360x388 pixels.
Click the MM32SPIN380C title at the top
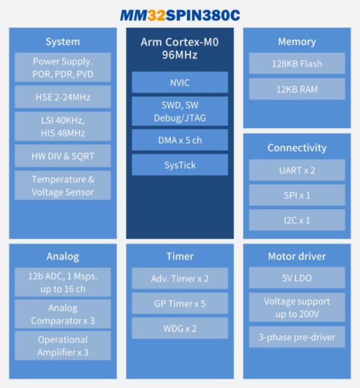(180, 15)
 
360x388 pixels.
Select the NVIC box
(180, 83)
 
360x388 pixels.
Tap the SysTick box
(180, 165)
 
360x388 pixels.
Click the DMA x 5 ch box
(180, 140)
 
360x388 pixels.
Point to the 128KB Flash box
(297, 63)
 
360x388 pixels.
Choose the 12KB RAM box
(297, 89)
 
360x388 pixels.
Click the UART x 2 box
(297, 170)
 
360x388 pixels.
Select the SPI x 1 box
(297, 195)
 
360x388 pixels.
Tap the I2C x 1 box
(297, 220)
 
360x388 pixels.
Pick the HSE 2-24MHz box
(63, 97)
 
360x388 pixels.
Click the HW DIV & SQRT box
(63, 156)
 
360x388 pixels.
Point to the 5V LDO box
(297, 278)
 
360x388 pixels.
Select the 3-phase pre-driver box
(297, 337)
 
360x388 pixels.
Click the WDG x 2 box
(180, 328)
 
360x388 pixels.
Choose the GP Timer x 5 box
(180, 304)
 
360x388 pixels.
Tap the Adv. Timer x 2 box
(180, 278)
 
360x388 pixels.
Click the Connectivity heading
(297, 148)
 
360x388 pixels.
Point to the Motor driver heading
(297, 256)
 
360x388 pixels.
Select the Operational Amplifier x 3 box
(63, 346)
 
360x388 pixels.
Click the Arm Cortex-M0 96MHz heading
(180, 48)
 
